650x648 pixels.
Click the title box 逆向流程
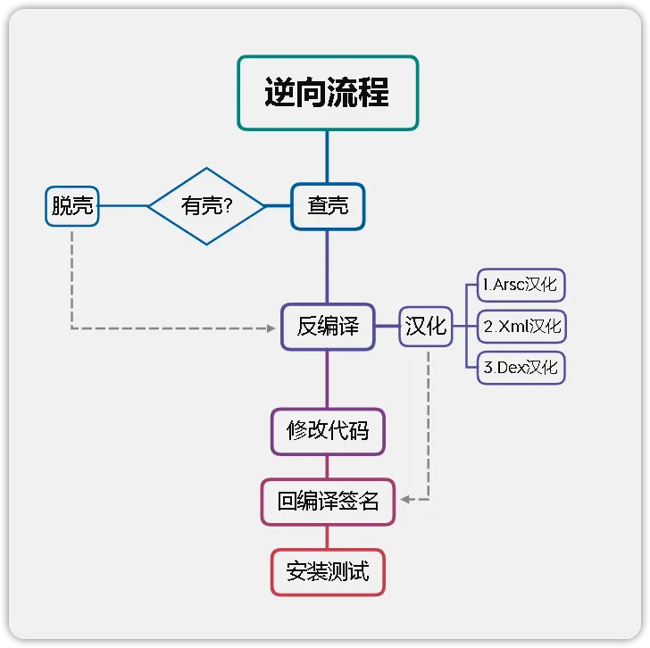click(x=328, y=93)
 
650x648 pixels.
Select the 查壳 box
click(x=328, y=206)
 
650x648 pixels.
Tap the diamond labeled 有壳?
click(x=206, y=206)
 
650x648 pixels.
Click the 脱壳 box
click(x=71, y=206)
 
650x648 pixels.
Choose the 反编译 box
click(x=328, y=327)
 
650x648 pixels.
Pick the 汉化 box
click(x=426, y=327)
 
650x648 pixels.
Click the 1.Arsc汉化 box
click(x=521, y=286)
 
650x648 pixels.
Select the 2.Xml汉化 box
click(x=521, y=327)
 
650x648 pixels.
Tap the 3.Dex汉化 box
click(x=521, y=368)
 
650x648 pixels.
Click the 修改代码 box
click(x=327, y=432)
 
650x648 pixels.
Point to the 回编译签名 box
click(x=328, y=502)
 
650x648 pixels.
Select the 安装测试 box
click(x=328, y=571)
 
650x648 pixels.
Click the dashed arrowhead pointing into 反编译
click(x=271, y=328)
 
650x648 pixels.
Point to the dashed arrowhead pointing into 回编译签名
click(x=404, y=500)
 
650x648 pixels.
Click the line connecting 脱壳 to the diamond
click(x=122, y=206)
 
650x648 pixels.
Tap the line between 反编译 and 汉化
click(x=386, y=327)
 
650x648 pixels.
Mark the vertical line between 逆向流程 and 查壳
click(x=328, y=156)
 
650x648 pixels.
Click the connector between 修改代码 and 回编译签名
click(x=328, y=467)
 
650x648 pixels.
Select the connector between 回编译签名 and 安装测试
click(x=328, y=536)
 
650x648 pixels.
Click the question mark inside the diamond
click(x=228, y=207)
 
